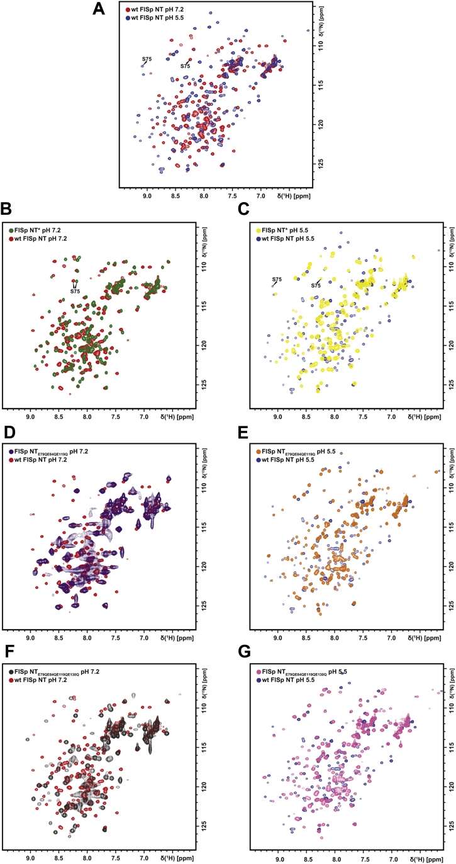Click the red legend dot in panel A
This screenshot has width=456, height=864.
tap(128, 10)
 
